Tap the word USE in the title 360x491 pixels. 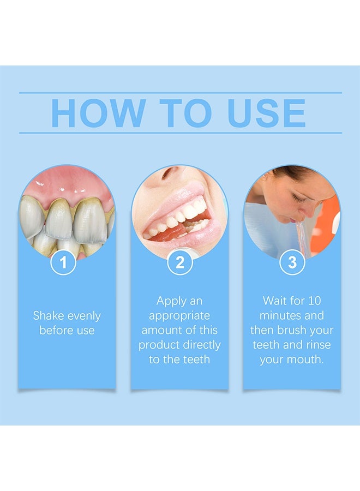[266, 113]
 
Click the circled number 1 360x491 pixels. [63, 262]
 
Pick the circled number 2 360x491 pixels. [179, 262]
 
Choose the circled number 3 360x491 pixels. [292, 262]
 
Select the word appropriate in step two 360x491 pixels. [179, 316]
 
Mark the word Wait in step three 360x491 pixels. [274, 301]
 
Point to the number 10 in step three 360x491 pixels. [314, 301]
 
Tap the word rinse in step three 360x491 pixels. [319, 345]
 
